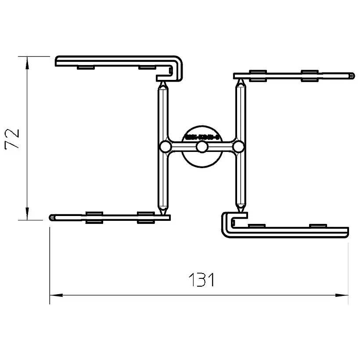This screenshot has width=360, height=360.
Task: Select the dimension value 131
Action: (201, 280)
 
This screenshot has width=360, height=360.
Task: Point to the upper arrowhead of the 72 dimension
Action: (27, 62)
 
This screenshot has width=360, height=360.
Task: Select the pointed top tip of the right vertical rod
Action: (241, 81)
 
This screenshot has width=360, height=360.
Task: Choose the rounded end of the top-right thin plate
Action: (352, 76)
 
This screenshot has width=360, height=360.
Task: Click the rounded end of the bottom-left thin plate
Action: (52, 217)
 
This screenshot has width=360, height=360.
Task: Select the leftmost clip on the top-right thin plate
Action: (258, 76)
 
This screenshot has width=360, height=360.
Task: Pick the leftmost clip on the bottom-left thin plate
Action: (94, 217)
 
